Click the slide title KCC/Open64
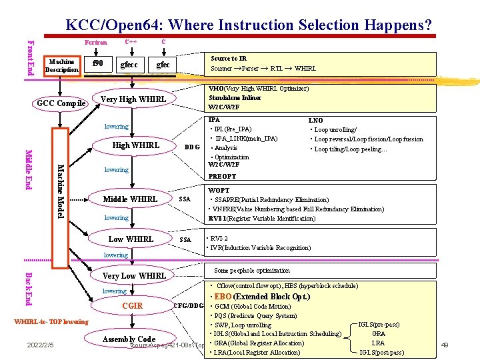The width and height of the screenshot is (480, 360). coord(248,25)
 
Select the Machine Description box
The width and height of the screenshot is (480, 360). coord(61,66)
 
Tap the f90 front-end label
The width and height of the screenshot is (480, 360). coord(98,64)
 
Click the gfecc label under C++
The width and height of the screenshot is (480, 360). coord(128,65)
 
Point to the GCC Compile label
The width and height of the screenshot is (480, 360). coord(61,103)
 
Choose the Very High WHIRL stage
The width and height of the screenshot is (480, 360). coord(133,99)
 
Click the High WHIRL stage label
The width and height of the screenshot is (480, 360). coord(136,145)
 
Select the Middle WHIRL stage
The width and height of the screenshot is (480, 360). coord(130,199)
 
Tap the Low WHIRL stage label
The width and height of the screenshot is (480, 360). coord(131,239)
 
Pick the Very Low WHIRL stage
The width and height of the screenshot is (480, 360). coord(134,275)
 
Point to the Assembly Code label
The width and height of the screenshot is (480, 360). coord(129,339)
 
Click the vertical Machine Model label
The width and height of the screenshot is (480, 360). coord(59,191)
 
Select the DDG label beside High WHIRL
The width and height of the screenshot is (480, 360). coord(192,147)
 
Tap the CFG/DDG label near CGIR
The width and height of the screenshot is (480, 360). coord(188,306)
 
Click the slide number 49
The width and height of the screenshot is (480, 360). coord(445,344)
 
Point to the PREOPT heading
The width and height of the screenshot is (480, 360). coord(222,177)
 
